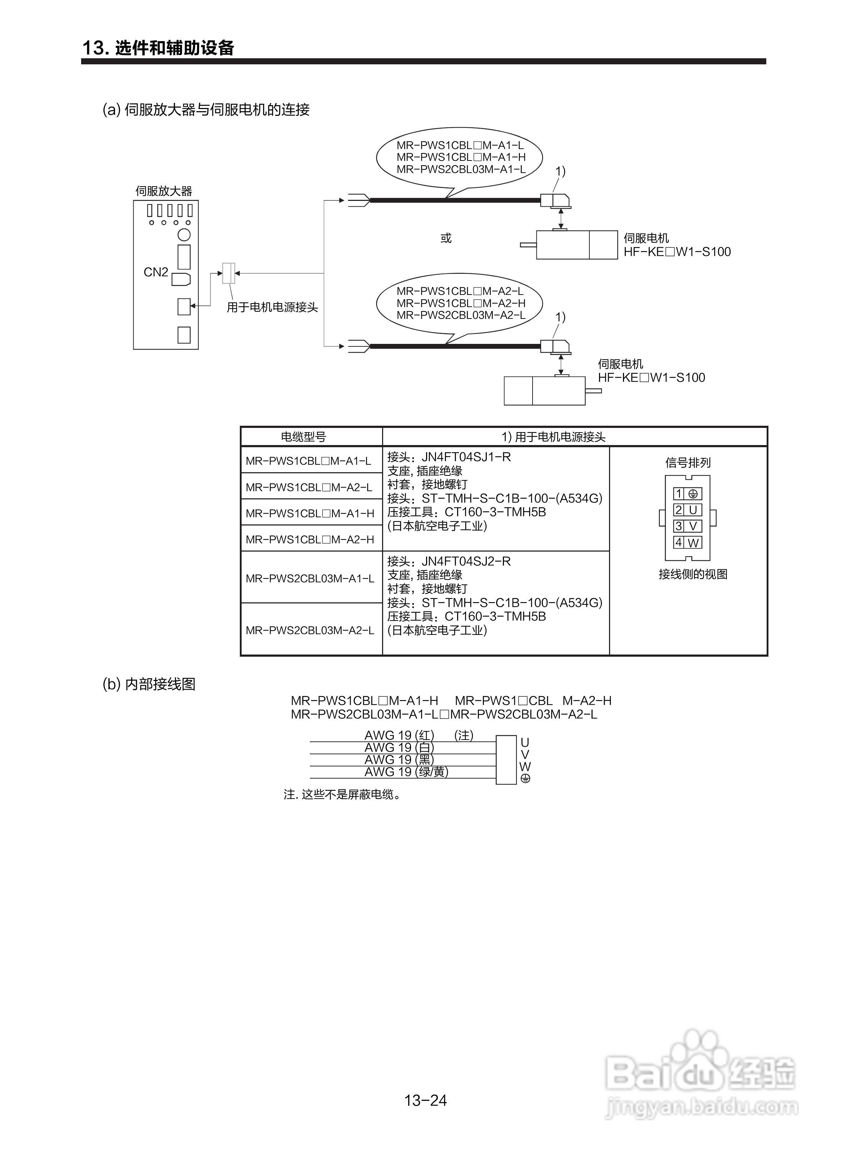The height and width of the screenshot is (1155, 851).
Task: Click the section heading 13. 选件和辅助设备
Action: [x=158, y=48]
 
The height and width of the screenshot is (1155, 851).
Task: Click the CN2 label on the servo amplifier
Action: [x=155, y=272]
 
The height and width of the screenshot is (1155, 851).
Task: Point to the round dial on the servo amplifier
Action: [x=184, y=235]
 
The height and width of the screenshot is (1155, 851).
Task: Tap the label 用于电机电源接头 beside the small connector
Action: [x=272, y=307]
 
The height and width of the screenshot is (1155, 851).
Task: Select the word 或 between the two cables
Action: [x=446, y=238]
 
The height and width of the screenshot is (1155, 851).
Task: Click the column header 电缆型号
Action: [x=303, y=437]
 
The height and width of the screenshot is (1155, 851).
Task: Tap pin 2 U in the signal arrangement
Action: [x=687, y=510]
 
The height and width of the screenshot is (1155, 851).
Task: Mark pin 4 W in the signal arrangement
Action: [x=687, y=543]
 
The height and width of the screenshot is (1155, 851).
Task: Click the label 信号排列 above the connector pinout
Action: [x=688, y=463]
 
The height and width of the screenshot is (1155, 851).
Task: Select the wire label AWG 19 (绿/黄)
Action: [x=406, y=772]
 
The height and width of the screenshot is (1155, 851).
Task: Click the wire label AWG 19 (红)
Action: [x=399, y=735]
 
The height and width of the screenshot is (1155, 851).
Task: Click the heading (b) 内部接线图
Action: [x=149, y=684]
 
